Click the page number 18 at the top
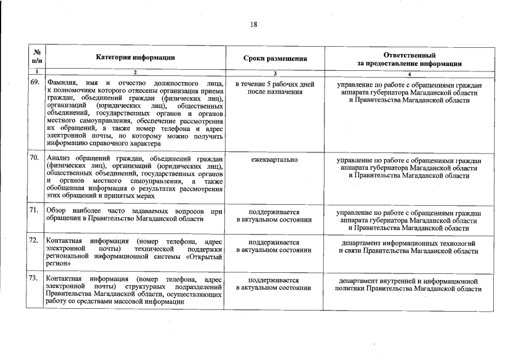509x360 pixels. pyautogui.click(x=254, y=24)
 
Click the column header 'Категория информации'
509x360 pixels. pyautogui.click(x=135, y=58)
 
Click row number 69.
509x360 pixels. pyautogui.click(x=34, y=83)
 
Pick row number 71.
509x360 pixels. pyautogui.click(x=34, y=210)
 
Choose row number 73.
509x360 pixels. pyautogui.click(x=34, y=278)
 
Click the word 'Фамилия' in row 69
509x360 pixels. pyautogui.click(x=60, y=84)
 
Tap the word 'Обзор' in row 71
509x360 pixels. pyautogui.click(x=57, y=210)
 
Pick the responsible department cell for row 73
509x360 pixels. pyautogui.click(x=409, y=284)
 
